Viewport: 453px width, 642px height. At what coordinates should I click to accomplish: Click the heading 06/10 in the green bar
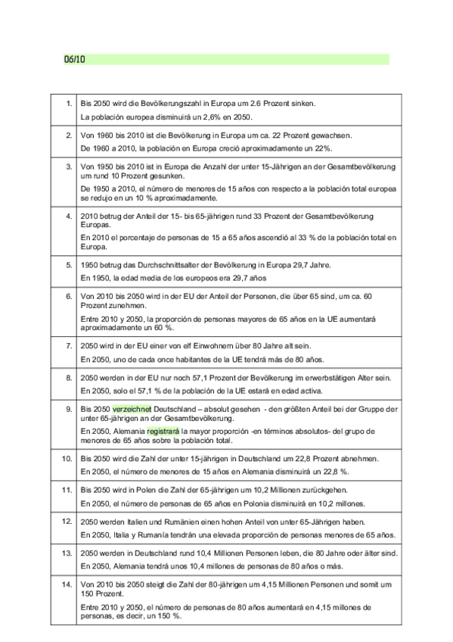tap(74, 59)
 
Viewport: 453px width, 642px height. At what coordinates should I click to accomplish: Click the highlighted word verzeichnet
tap(132, 409)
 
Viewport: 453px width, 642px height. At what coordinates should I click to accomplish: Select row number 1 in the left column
tap(68, 103)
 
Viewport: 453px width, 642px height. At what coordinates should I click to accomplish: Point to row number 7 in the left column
tap(68, 344)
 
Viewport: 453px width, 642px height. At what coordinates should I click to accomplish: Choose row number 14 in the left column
tap(66, 584)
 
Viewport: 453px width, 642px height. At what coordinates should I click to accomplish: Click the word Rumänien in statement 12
tap(175, 522)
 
